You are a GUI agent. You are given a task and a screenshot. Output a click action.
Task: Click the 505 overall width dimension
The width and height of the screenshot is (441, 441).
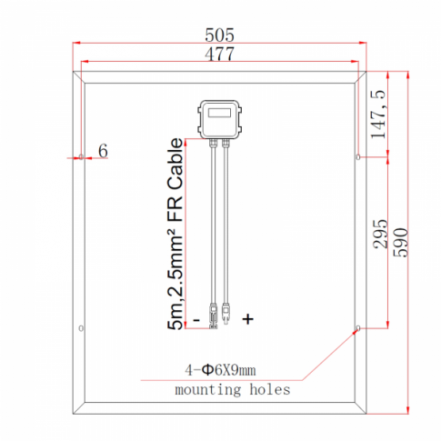tap(220, 35)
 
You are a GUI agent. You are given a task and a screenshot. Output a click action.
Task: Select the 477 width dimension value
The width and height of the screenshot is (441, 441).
tap(220, 55)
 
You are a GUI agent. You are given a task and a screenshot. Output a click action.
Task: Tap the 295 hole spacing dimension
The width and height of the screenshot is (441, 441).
tap(382, 236)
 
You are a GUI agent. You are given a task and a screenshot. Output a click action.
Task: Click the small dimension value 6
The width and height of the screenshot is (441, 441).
tap(103, 151)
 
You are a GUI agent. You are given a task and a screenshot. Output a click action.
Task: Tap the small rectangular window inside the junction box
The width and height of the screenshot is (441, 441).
tap(219, 114)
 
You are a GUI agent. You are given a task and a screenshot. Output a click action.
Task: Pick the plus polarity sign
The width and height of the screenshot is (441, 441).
tap(247, 319)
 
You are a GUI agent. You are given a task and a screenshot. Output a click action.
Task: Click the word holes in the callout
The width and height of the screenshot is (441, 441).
tap(270, 389)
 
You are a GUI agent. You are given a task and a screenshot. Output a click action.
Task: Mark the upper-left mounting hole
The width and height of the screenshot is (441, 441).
tap(82, 156)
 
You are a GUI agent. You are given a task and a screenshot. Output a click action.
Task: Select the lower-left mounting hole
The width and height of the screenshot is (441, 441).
tap(82, 328)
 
